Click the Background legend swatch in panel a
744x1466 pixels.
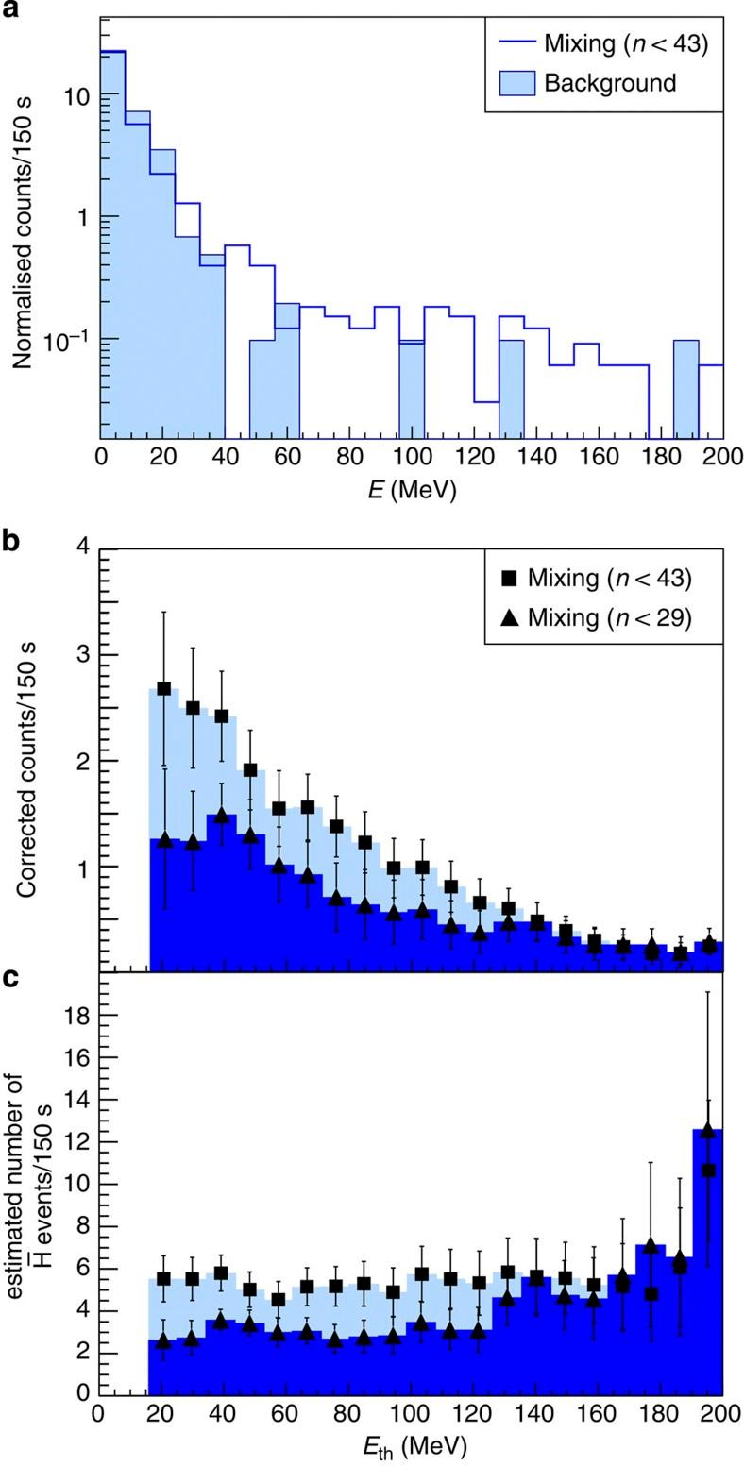pyautogui.click(x=517, y=82)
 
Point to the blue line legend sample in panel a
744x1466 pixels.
pyautogui.click(x=517, y=43)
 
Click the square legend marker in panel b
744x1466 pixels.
pyautogui.click(x=510, y=577)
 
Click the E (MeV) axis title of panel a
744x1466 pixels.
pyautogui.click(x=411, y=492)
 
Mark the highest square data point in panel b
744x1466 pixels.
pyautogui.click(x=163, y=688)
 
